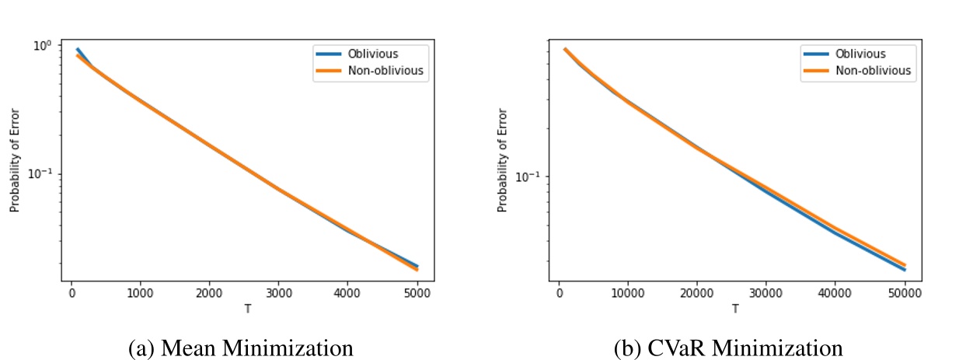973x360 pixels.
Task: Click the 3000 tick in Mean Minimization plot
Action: click(x=278, y=293)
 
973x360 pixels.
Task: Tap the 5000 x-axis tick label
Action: click(x=417, y=293)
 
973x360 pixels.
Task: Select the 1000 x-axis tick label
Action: click(x=140, y=293)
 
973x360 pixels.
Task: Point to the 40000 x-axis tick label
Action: click(x=835, y=293)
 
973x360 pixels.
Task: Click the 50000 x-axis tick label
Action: click(x=905, y=293)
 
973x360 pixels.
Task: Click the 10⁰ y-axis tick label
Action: click(x=42, y=45)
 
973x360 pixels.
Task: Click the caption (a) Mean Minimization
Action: click(x=241, y=347)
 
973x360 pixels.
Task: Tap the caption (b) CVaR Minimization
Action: click(x=729, y=347)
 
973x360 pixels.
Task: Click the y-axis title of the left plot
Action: click(x=14, y=162)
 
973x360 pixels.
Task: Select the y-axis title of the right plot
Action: click(x=502, y=162)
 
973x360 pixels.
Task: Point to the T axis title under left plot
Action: click(x=247, y=309)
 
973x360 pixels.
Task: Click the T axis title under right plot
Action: click(x=734, y=309)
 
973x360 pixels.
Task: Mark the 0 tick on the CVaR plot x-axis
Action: click(x=559, y=293)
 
